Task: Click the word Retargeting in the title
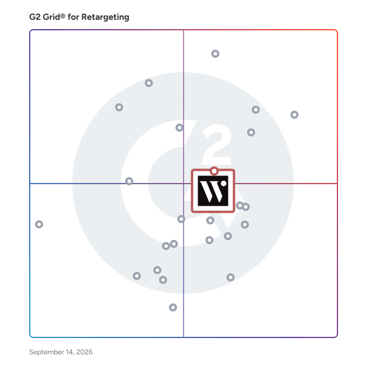coord(105,17)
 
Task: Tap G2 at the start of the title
coord(35,17)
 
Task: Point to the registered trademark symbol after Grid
coord(62,16)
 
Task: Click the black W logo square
coord(213,191)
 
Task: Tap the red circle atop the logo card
coord(214,171)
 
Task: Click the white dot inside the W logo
coord(223,184)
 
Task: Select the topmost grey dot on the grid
coord(215,54)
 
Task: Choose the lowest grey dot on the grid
coord(173,307)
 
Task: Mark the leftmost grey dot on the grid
coord(39,224)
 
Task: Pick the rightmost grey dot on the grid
coord(294,115)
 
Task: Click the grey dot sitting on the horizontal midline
coord(129,181)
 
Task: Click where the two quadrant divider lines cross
coord(184,184)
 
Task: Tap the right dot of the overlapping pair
coord(245,207)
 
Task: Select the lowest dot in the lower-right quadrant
coord(231,277)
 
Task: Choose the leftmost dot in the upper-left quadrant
coord(119,107)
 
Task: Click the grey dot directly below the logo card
coord(210,220)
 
